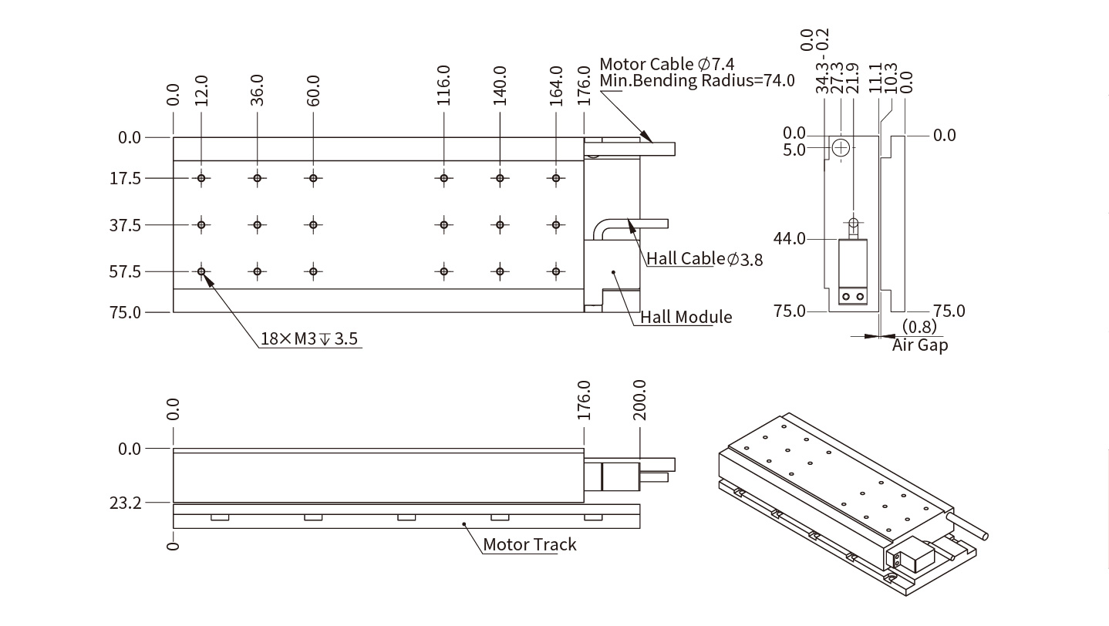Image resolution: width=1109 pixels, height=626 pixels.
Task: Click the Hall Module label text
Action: (x=682, y=317)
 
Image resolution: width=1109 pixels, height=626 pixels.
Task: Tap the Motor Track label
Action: (x=529, y=545)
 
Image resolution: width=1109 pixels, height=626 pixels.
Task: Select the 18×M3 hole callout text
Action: (x=310, y=338)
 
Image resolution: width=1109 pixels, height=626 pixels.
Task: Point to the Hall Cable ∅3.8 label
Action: (x=704, y=259)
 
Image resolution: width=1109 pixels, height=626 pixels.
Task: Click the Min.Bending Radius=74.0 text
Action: (x=696, y=81)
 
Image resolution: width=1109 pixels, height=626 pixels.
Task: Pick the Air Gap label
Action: (x=920, y=345)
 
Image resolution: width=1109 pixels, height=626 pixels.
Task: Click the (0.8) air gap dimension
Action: (x=919, y=327)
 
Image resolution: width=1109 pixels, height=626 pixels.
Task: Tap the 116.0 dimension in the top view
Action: (x=443, y=86)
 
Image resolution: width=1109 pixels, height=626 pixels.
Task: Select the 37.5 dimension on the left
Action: (x=126, y=226)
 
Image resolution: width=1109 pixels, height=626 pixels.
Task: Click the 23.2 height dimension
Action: (x=126, y=503)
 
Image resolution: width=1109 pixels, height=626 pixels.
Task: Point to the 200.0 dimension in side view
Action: (x=639, y=400)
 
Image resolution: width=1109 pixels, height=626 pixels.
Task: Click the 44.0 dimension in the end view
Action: (x=789, y=239)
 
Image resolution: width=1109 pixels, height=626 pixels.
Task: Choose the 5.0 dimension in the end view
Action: (x=794, y=149)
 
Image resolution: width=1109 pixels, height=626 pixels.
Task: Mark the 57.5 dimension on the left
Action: (x=126, y=272)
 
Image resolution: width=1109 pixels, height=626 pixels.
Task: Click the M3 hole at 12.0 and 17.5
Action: (x=201, y=179)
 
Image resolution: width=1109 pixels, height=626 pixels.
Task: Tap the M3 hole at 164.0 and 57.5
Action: (x=555, y=271)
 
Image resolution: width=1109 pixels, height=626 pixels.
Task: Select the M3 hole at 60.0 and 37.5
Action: (x=313, y=225)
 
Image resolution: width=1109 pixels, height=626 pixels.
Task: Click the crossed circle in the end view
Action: (x=841, y=146)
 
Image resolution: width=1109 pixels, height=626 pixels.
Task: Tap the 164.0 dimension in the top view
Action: (x=557, y=86)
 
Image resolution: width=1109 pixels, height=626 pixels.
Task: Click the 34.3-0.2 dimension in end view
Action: (x=822, y=62)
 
